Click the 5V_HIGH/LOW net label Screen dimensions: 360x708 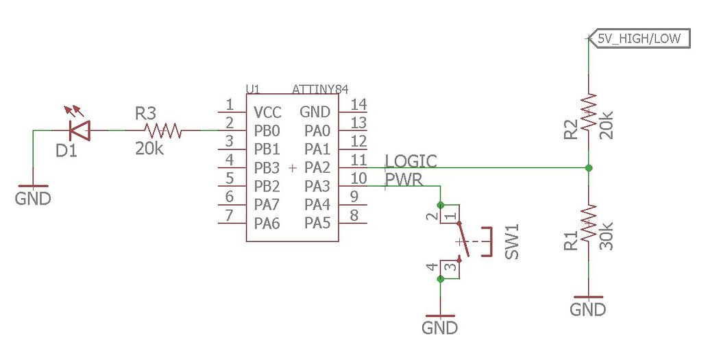[638, 38]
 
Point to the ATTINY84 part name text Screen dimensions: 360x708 [320, 89]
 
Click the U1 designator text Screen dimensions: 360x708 [253, 89]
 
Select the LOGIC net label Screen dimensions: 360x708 [411, 160]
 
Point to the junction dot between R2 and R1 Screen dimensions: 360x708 [589, 167]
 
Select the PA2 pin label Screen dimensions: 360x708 [317, 167]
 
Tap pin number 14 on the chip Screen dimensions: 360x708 [358, 104]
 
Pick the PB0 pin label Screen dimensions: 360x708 [267, 130]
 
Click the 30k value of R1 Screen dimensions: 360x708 [606, 235]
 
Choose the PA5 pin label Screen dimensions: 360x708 [317, 223]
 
